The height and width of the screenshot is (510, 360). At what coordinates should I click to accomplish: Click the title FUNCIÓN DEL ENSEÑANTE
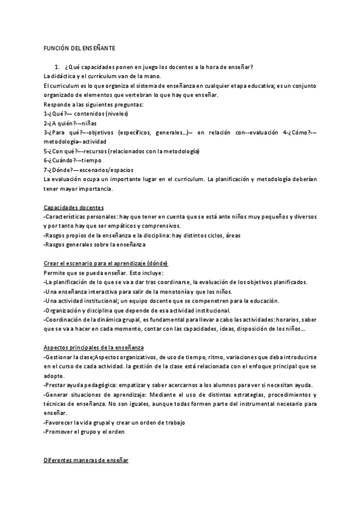(x=80, y=48)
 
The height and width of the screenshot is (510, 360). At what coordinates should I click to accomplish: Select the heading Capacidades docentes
(x=74, y=207)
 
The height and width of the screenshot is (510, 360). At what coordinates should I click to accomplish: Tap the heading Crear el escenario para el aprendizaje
(x=106, y=263)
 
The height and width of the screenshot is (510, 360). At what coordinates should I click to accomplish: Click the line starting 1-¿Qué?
(x=85, y=114)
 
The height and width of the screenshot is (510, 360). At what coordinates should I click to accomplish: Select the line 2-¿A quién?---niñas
(x=70, y=123)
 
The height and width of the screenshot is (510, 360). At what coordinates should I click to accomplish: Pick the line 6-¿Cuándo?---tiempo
(x=73, y=161)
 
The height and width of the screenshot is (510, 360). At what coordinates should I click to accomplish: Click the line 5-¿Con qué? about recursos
(x=121, y=151)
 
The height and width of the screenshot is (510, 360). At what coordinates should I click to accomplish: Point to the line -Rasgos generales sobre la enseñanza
(x=94, y=245)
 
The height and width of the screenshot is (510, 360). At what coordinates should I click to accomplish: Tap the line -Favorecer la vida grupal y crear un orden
(x=114, y=423)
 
